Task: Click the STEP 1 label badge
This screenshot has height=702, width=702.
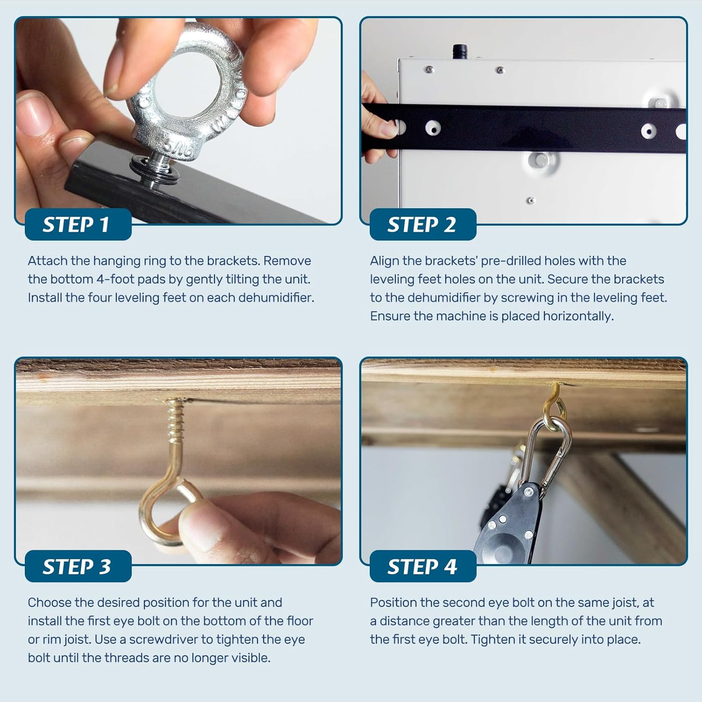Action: pos(77,225)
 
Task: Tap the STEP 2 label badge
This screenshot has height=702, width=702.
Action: pos(422,225)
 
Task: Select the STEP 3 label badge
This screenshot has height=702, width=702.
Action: pos(77,566)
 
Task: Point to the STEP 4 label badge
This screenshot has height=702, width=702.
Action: pos(422,566)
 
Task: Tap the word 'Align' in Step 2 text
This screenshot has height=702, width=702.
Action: pos(384,261)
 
